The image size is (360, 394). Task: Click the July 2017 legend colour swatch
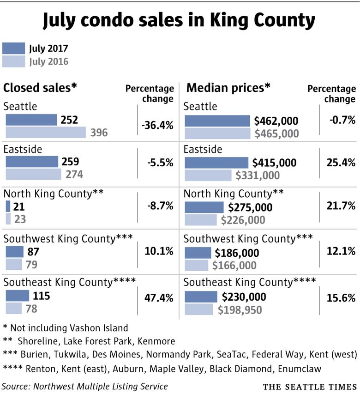13,48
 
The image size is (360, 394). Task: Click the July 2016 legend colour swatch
13,61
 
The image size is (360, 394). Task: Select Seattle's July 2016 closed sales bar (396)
46,133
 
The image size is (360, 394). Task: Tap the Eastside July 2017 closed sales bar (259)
32,162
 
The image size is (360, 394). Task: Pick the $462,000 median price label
276,121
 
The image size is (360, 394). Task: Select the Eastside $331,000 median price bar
208,175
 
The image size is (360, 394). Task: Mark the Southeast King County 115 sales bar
18,296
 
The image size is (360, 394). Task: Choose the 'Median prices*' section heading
228,88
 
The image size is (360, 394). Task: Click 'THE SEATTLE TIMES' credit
310,386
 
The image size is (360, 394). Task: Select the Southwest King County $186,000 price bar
198,253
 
